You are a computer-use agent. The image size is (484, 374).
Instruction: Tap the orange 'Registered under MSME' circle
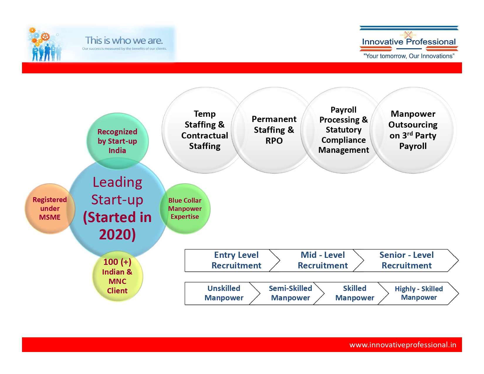50,209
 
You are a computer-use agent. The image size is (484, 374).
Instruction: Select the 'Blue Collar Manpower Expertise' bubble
185,209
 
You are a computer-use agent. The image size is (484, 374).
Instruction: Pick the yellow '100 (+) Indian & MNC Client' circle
117,276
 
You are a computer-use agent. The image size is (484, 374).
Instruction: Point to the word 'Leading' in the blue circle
117,182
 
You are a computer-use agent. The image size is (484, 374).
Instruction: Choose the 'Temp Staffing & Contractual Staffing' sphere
204,130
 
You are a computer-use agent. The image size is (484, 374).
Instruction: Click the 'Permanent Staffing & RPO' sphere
274,130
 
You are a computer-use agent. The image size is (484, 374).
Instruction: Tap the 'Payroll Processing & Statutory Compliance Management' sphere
343,130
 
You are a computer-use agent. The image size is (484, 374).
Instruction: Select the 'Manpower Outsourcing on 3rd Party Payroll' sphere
413,130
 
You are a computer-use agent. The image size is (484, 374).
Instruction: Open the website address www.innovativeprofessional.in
403,345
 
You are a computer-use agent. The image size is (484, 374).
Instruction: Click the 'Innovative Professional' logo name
409,42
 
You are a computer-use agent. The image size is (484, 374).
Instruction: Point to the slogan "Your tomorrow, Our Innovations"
409,56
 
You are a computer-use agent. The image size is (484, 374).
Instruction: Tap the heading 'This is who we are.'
124,40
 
